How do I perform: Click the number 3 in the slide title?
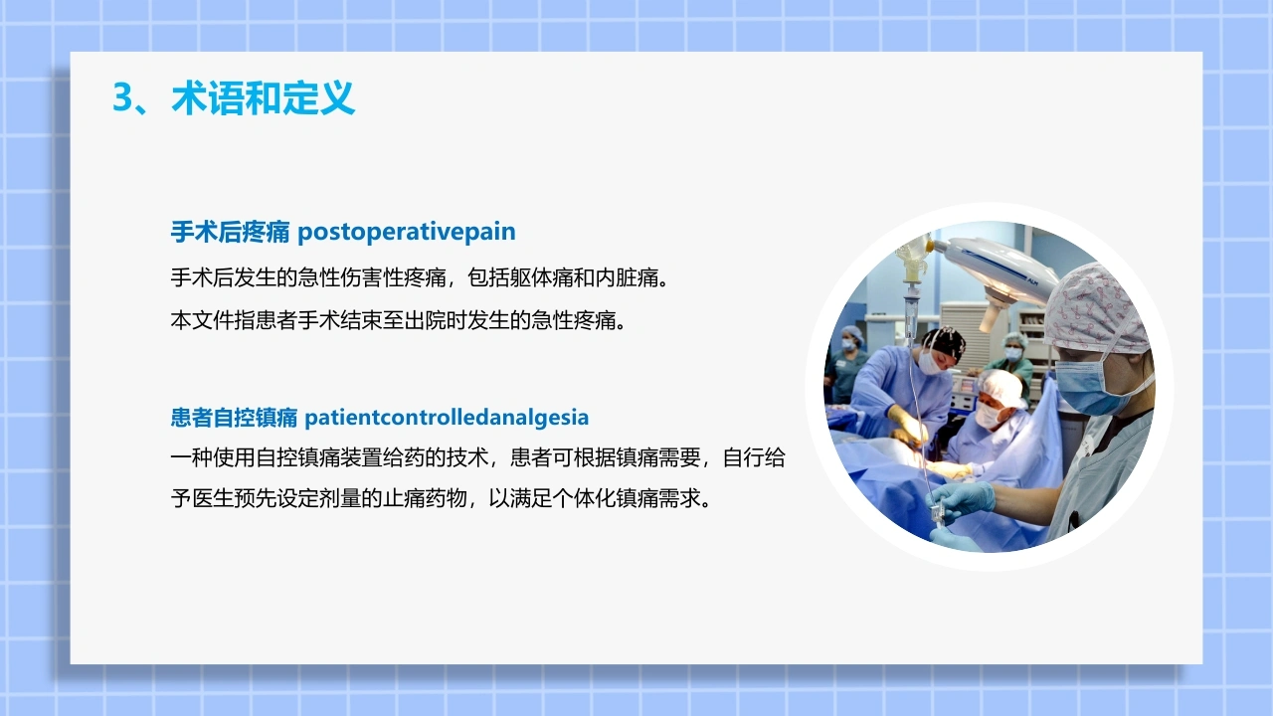coord(123,97)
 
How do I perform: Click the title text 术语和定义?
coord(264,97)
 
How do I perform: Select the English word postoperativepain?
coord(407,232)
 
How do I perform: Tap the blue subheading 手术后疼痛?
coord(230,232)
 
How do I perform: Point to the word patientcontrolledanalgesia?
coord(447,418)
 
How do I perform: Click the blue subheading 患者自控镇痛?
coord(234,418)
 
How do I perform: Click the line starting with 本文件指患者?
coord(399,320)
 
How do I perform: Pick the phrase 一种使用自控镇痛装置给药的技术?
coord(329,457)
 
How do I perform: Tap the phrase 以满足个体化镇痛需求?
coord(600,498)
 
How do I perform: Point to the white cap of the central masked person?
coord(1001,387)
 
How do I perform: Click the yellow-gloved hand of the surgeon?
coord(909,424)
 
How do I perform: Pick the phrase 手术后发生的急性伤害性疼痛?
coord(308,277)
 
